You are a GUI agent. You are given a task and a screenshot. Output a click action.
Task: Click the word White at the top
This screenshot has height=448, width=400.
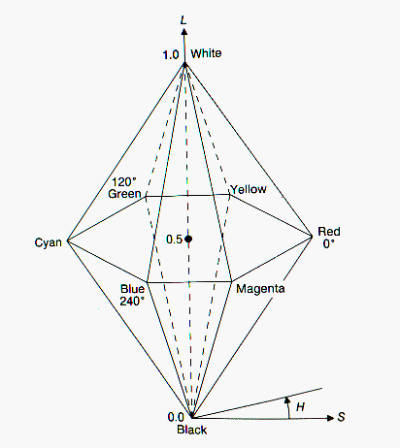point(206,53)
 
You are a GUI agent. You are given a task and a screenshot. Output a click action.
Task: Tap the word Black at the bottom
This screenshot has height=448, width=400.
point(192,430)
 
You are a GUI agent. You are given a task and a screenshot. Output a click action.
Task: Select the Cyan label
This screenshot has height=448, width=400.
point(49,242)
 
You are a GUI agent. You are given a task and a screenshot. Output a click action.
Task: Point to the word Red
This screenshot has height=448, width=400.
point(329,232)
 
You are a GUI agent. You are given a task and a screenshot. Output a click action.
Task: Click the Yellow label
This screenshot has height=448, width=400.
point(249,189)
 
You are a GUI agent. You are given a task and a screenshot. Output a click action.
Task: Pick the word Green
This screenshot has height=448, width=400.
point(124,194)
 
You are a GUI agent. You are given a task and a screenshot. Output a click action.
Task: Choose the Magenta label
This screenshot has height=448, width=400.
point(260,289)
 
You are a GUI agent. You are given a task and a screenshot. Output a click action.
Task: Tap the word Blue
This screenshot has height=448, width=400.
point(132,289)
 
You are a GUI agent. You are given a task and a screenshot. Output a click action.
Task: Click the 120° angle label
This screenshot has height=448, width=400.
point(124,182)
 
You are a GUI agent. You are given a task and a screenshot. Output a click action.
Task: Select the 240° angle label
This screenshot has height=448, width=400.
point(132,302)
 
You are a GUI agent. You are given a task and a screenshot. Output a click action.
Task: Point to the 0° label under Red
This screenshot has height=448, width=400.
point(329,243)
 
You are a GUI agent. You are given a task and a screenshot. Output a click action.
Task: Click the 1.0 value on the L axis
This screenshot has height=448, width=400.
point(171,55)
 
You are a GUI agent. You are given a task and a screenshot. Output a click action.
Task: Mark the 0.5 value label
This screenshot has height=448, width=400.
point(175,240)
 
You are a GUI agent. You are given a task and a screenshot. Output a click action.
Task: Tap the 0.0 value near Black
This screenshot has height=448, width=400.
point(176,417)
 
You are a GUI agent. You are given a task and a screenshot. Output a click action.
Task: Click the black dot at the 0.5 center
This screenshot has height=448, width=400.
point(188,239)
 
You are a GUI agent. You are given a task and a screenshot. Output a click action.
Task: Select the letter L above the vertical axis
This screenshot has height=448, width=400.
point(183,20)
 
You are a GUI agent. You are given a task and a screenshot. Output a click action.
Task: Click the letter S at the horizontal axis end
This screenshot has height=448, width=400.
point(341,417)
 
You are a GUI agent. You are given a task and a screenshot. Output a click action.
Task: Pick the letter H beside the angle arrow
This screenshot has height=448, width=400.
point(300,406)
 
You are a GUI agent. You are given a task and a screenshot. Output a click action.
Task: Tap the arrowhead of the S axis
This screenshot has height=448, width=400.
point(330,418)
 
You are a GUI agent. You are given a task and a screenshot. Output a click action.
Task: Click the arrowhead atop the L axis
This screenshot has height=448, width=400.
point(184,31)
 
